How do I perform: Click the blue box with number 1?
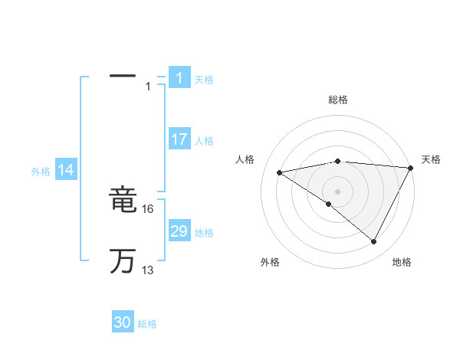tap(179, 78)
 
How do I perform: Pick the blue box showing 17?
tap(179, 139)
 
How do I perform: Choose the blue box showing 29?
tap(179, 231)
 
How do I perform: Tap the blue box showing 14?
tap(66, 171)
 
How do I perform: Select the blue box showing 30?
tap(123, 322)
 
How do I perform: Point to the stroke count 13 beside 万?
tap(148, 270)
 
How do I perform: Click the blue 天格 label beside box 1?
tap(204, 80)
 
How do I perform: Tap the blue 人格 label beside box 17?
tap(204, 141)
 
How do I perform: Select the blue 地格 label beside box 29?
tap(204, 233)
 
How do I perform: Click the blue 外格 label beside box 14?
tap(41, 172)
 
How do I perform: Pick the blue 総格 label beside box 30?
tap(147, 324)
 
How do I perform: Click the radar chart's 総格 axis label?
tap(338, 100)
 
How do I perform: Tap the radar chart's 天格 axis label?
tap(431, 159)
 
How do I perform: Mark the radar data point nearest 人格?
tap(280, 172)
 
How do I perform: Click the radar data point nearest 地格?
tap(374, 242)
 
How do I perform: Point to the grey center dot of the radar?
tap(337, 191)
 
